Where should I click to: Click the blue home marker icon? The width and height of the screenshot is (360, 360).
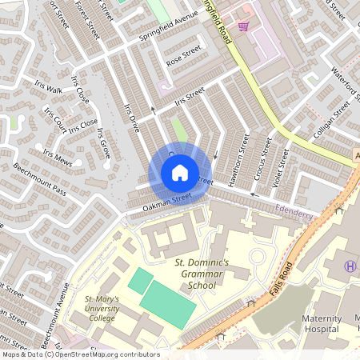[x=180, y=172]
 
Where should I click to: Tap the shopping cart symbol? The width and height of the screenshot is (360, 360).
[x=242, y=26]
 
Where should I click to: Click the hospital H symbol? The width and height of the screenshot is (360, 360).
[x=349, y=266]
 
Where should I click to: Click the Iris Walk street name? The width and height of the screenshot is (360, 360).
[x=47, y=90]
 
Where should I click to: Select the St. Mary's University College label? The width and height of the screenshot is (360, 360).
[x=102, y=310]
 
